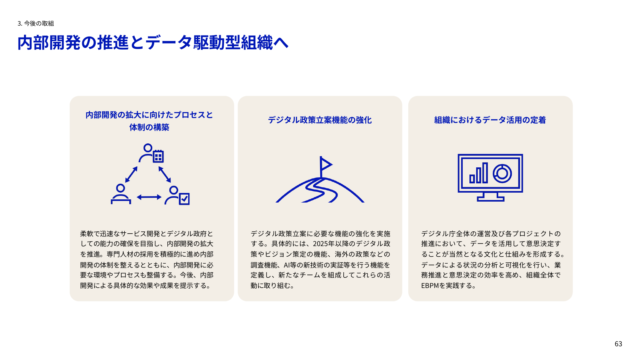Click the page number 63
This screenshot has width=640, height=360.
[618, 344]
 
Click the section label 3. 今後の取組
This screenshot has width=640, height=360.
[36, 23]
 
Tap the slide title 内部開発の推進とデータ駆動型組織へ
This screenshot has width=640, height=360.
[153, 43]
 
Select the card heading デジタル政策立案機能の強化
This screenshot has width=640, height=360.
[320, 120]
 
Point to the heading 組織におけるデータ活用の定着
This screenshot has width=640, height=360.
[490, 120]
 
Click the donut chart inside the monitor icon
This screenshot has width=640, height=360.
[502, 173]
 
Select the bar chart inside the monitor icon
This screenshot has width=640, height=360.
[479, 174]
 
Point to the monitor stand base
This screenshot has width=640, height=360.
[490, 199]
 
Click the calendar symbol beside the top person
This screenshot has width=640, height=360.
[158, 156]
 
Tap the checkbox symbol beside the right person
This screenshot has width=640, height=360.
[184, 199]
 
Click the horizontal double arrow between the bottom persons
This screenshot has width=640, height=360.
[149, 197]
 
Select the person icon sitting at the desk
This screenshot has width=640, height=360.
[121, 194]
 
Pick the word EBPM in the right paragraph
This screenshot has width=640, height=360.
[430, 286]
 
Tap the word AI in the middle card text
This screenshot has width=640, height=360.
[286, 265]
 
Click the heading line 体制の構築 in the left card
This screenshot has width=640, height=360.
[149, 127]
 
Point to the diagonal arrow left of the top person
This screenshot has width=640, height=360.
[131, 174]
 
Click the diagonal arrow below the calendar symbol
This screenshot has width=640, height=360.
[165, 174]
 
